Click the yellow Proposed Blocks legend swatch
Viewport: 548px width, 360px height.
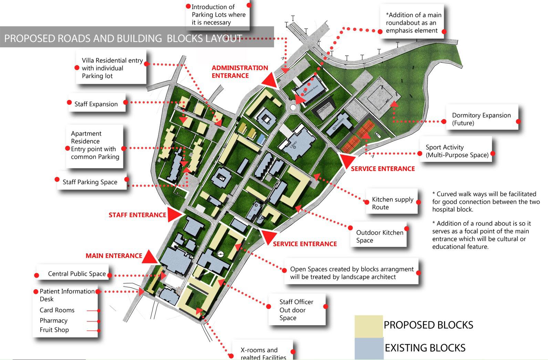369,326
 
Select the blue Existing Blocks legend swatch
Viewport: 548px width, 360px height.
369,348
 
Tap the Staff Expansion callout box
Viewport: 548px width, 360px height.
96,104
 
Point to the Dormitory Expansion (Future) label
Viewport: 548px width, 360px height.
482,119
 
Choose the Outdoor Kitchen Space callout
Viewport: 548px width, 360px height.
380,236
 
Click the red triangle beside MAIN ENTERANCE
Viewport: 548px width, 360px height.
149,257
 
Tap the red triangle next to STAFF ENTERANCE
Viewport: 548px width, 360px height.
175,214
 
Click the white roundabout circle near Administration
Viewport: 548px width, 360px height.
293,108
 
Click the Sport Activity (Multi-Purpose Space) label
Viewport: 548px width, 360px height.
457,151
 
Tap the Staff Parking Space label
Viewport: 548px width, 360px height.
90,182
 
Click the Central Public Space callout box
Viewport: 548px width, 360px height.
76,273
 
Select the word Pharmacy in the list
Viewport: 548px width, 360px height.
53,320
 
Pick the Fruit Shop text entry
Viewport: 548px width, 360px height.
54,330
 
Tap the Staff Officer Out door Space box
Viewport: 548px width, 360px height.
296,310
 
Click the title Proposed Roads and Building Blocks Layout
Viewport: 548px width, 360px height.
123,38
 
